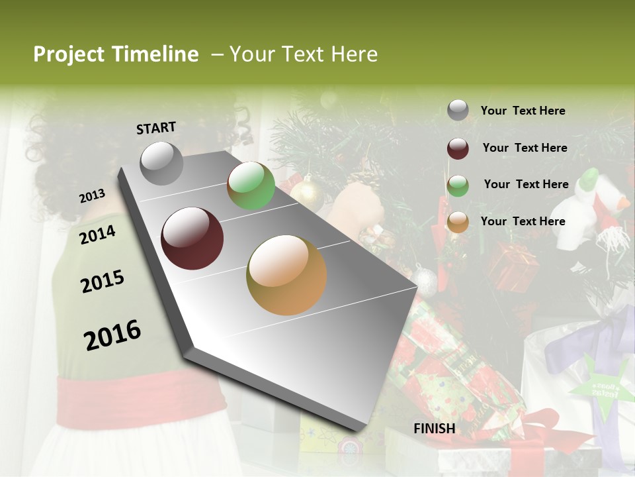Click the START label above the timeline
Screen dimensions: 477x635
(x=156, y=127)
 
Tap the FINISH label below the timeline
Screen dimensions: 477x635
(x=435, y=429)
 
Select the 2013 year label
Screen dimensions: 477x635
(x=93, y=196)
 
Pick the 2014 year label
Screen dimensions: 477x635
(x=98, y=235)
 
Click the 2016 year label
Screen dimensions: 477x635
(x=112, y=335)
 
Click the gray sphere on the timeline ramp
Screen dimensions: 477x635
(x=162, y=163)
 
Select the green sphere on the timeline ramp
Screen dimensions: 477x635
(x=251, y=186)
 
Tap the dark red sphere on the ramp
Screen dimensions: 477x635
(x=192, y=238)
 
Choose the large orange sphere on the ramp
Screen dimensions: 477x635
(x=286, y=275)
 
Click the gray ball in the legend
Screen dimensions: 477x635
(x=458, y=111)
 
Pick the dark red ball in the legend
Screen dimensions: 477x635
(x=458, y=148)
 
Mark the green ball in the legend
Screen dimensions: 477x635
(x=458, y=185)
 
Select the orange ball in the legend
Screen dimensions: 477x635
(x=458, y=222)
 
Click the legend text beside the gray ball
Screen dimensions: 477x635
(x=523, y=111)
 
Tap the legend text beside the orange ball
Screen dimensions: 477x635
(x=523, y=221)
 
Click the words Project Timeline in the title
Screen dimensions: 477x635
(x=116, y=54)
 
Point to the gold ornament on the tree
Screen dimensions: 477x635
(x=307, y=195)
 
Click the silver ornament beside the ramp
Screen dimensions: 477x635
(x=425, y=281)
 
